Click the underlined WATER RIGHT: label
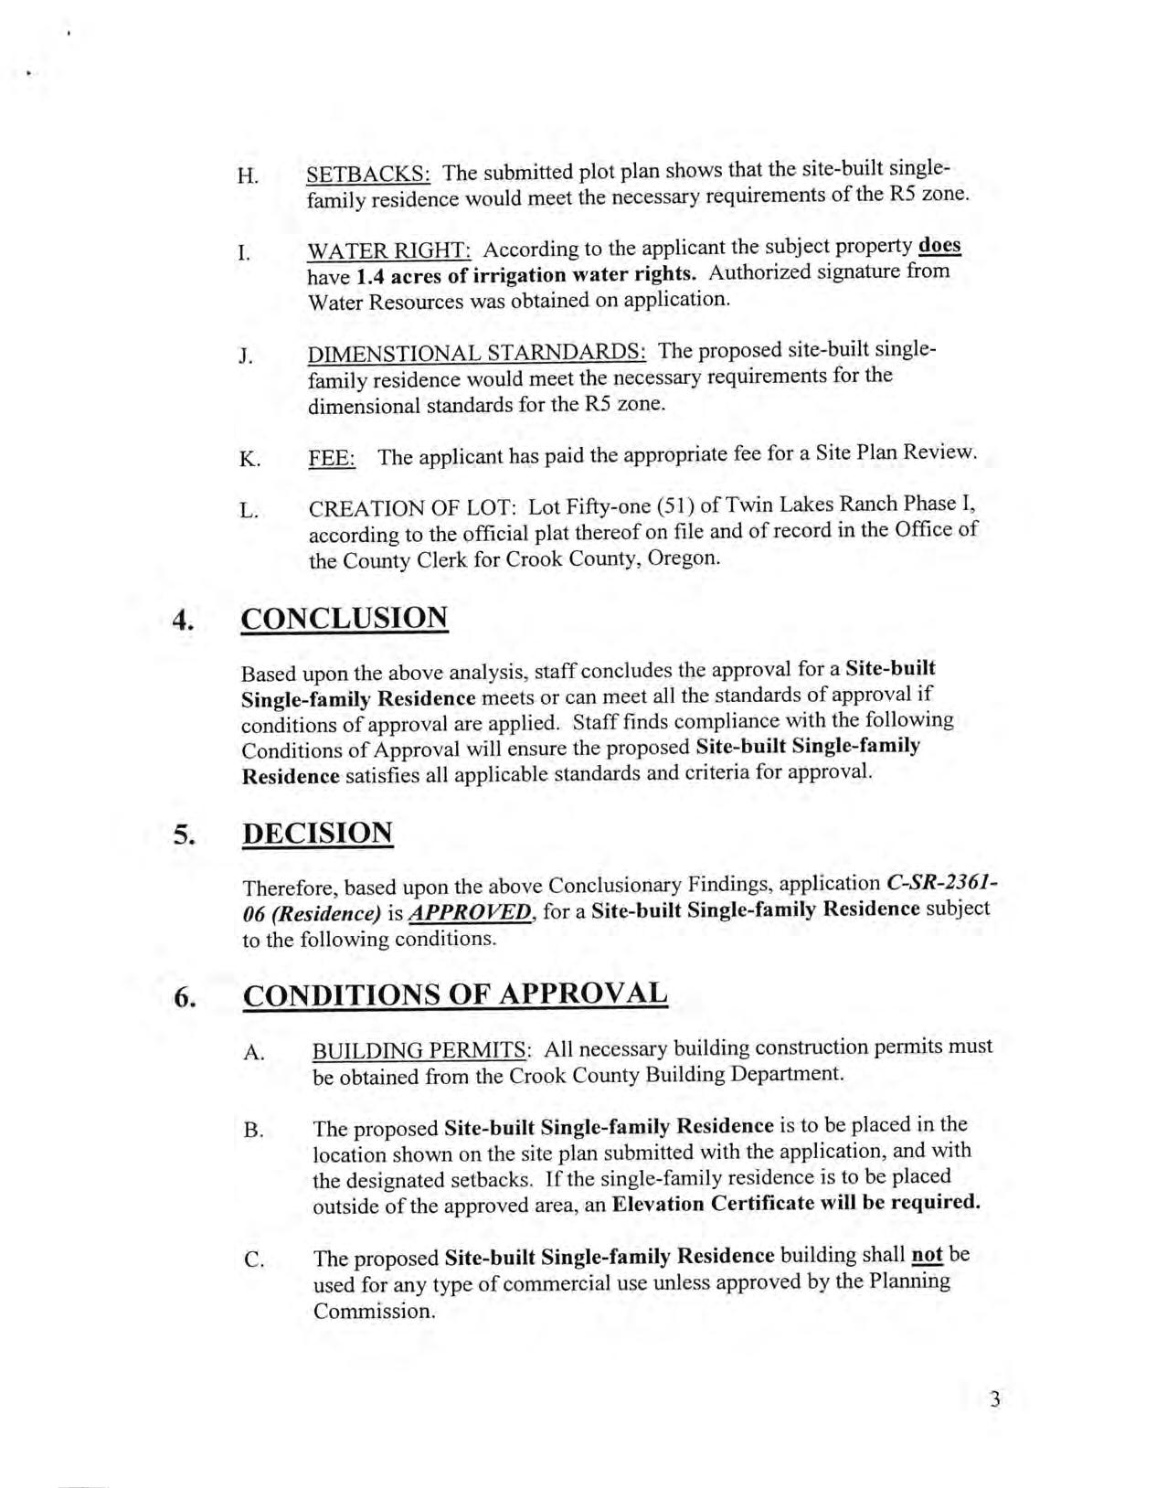389,250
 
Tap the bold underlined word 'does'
939,246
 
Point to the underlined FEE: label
332,457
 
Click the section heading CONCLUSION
345,619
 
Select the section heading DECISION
318,834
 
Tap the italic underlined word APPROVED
470,911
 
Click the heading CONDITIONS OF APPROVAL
455,994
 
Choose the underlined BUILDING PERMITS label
419,1049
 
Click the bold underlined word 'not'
927,1256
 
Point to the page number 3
994,1399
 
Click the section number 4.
184,622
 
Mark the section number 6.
185,997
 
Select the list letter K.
249,459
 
